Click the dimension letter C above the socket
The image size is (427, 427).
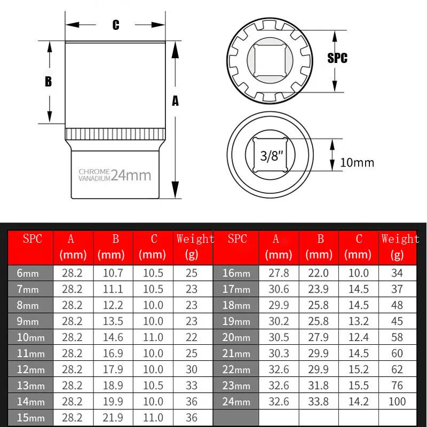(x=115, y=25)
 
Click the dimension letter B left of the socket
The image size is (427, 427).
(x=48, y=82)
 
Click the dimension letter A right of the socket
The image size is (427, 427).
(x=175, y=100)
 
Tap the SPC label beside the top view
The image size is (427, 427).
(x=337, y=58)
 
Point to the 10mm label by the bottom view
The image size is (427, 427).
(x=358, y=163)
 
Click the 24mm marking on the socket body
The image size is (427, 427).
(x=131, y=175)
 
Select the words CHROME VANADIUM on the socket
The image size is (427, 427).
(x=94, y=175)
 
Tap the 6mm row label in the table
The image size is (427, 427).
(x=28, y=273)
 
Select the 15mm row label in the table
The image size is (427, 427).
(x=30, y=417)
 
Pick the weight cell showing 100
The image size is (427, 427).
(x=397, y=401)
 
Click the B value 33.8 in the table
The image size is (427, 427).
(x=319, y=401)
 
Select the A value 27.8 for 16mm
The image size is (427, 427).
(x=278, y=273)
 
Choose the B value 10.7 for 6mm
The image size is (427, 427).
(x=113, y=273)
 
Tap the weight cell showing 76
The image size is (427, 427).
(x=397, y=385)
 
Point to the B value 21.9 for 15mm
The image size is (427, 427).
(x=113, y=417)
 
